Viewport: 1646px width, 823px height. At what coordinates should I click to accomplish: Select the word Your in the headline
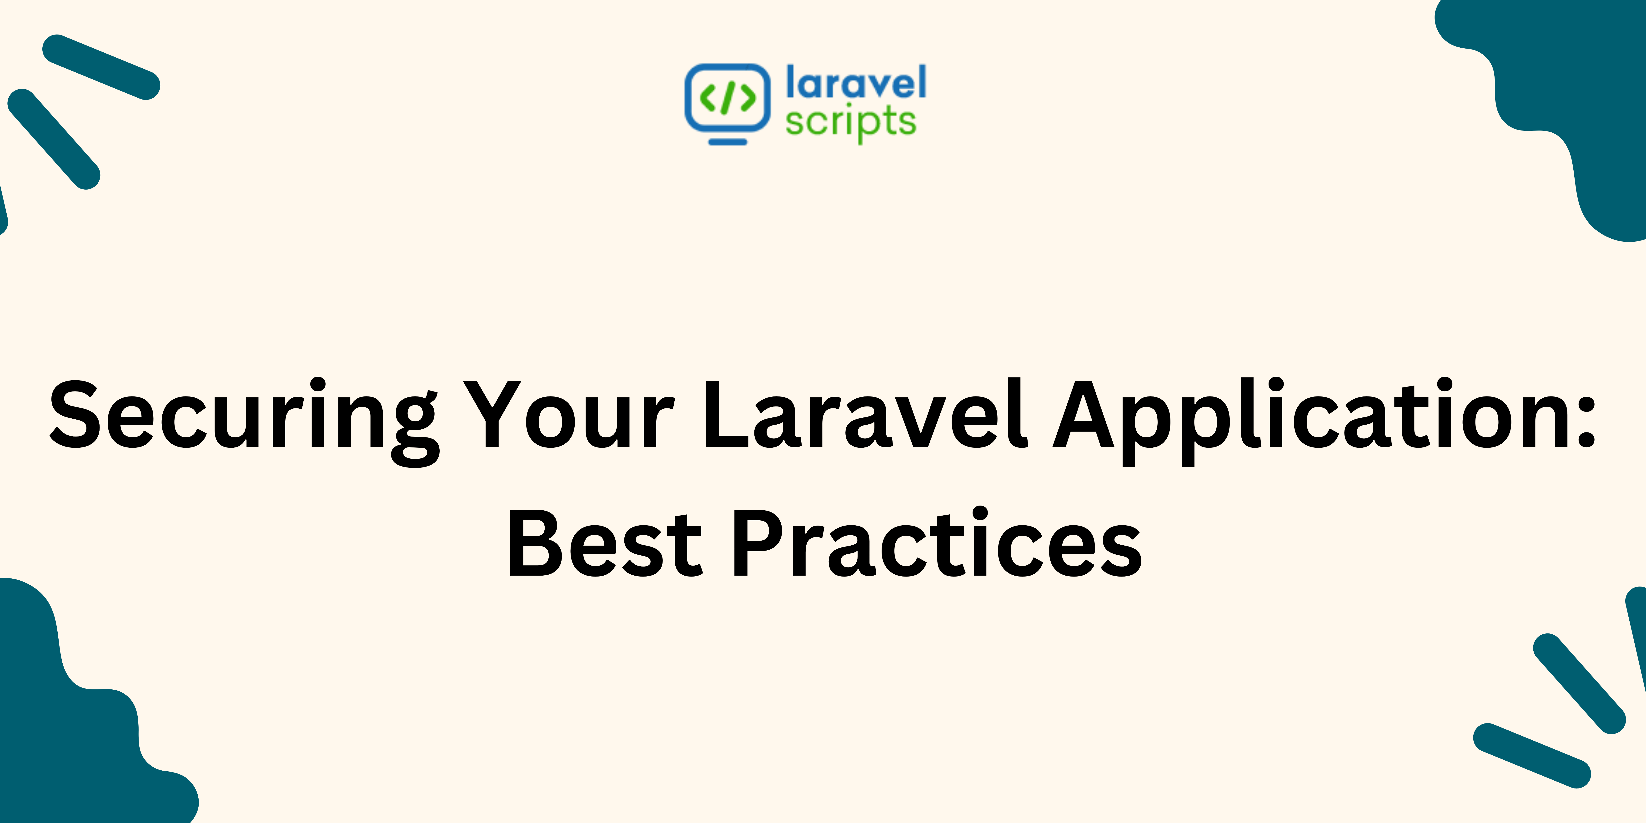[569, 414]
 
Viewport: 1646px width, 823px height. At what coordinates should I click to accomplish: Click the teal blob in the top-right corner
[1578, 96]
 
